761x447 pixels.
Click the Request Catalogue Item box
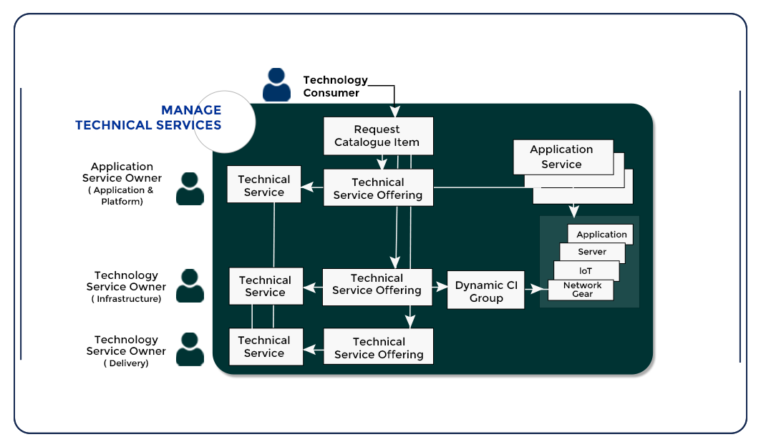(x=378, y=136)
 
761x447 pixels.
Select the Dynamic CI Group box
(x=486, y=291)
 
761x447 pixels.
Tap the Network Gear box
(x=581, y=290)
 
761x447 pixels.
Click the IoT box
(x=586, y=270)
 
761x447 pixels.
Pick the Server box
(x=592, y=252)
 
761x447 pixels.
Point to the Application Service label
(x=562, y=157)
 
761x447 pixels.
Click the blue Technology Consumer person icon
(x=277, y=85)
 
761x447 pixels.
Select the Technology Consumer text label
(x=335, y=87)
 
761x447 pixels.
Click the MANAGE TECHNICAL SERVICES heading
(x=148, y=118)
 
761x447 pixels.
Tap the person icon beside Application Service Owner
(x=190, y=189)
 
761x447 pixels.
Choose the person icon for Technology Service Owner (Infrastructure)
(x=190, y=286)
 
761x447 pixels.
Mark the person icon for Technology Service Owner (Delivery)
(x=190, y=350)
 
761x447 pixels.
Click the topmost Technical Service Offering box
(x=378, y=188)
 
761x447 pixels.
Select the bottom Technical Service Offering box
(x=378, y=348)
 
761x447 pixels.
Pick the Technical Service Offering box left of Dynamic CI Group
(x=377, y=284)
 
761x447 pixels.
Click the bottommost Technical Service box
(x=264, y=347)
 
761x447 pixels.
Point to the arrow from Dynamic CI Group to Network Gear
(x=535, y=290)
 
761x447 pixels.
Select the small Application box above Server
(x=601, y=235)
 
